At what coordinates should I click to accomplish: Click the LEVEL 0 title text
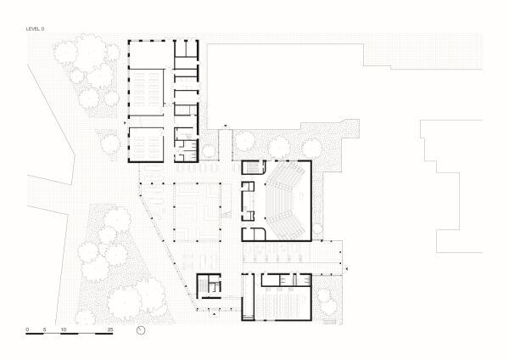tap(36, 29)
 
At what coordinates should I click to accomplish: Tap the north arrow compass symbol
tap(141, 330)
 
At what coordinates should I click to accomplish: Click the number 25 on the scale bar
tap(109, 329)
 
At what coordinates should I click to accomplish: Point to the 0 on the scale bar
tap(27, 329)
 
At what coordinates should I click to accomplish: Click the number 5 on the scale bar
tap(43, 329)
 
